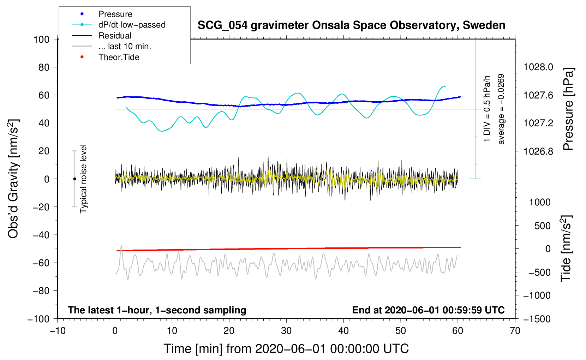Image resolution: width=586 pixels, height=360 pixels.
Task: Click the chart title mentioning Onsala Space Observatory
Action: click(x=351, y=25)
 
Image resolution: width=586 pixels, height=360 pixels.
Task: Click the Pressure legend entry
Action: click(x=115, y=14)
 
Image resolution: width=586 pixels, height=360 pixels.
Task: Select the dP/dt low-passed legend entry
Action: click(x=132, y=25)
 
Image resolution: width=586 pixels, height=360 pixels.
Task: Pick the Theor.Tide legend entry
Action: click(x=119, y=57)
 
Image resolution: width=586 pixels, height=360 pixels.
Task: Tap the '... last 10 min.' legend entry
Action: click(x=125, y=46)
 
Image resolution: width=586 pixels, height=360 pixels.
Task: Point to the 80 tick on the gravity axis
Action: click(x=44, y=67)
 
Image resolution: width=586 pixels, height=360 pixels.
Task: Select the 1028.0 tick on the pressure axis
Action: click(x=538, y=67)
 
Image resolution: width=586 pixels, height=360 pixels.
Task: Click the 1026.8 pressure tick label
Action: click(x=538, y=151)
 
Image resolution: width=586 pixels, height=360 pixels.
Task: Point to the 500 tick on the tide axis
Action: click(x=542, y=226)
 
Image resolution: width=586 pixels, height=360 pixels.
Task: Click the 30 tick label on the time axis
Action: click(x=286, y=331)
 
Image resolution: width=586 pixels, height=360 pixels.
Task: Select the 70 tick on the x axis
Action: click(x=515, y=331)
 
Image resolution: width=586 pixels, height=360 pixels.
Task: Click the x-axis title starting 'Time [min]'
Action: click(x=286, y=349)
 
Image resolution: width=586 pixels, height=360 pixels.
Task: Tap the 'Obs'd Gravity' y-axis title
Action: click(x=13, y=179)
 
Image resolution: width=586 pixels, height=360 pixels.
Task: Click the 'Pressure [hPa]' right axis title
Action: click(x=568, y=109)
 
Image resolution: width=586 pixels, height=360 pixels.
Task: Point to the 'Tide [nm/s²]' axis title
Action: click(x=566, y=248)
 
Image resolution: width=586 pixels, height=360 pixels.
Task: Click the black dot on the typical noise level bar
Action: click(x=74, y=179)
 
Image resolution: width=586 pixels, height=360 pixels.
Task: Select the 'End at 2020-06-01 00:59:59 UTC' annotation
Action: click(x=428, y=310)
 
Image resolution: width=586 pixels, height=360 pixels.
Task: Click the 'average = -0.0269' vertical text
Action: click(x=501, y=109)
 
